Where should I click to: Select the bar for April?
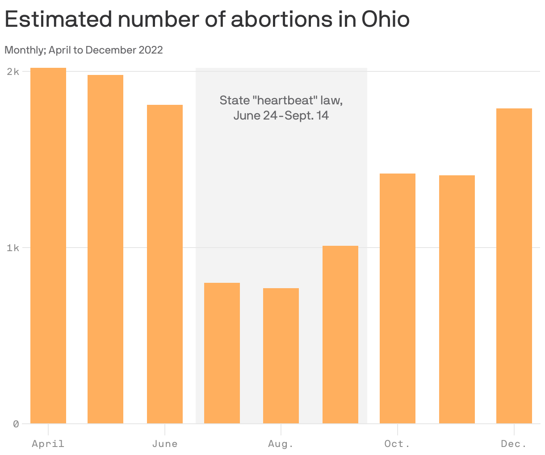pyautogui.click(x=48, y=245)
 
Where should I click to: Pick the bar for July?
pyautogui.click(x=222, y=353)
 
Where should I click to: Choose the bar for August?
pyautogui.click(x=281, y=356)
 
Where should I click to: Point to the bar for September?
pyautogui.click(x=340, y=335)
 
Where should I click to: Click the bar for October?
pyautogui.click(x=398, y=298)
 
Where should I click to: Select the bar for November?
pyautogui.click(x=457, y=299)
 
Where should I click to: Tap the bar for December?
pyautogui.click(x=514, y=266)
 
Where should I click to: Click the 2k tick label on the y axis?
pyautogui.click(x=13, y=71)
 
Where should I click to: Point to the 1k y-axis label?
pyautogui.click(x=13, y=248)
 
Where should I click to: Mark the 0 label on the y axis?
pyautogui.click(x=16, y=424)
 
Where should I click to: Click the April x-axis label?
pyautogui.click(x=48, y=444)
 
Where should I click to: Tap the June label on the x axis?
pyautogui.click(x=165, y=444)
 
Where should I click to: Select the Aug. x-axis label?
pyautogui.click(x=281, y=444)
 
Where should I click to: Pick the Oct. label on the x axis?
pyautogui.click(x=398, y=444)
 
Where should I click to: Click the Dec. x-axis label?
pyautogui.click(x=514, y=444)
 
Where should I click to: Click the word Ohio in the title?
pyautogui.click(x=385, y=19)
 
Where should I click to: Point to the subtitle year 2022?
pyautogui.click(x=151, y=50)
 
